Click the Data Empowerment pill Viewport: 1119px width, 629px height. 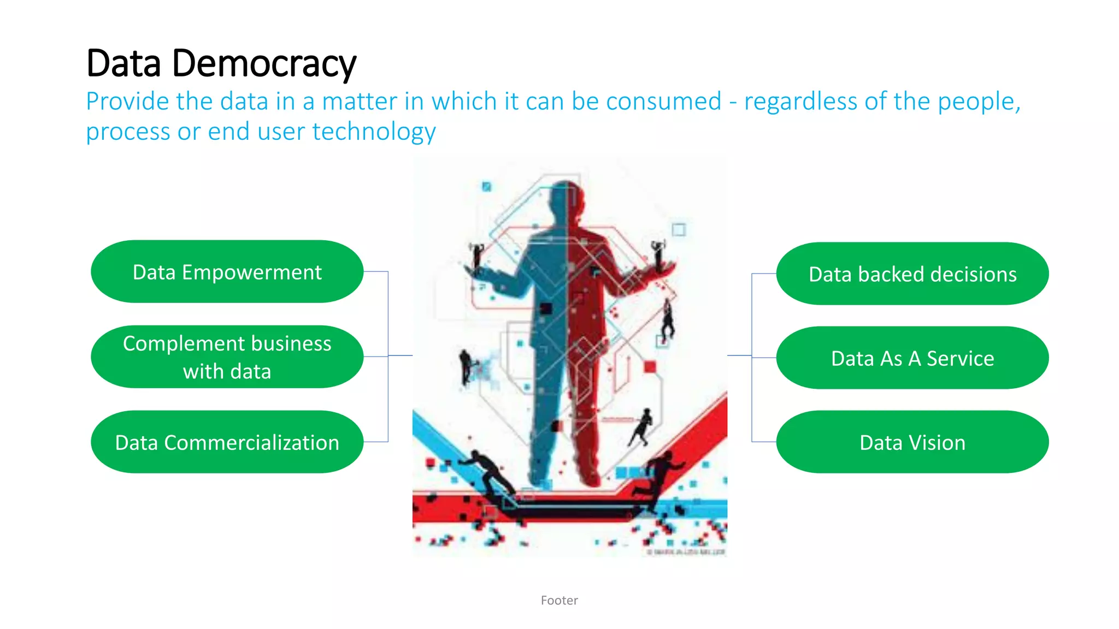[x=227, y=271]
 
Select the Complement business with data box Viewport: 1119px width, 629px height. [x=227, y=357]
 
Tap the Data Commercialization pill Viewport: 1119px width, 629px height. [x=227, y=442]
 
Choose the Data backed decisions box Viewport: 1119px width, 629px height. [x=912, y=274]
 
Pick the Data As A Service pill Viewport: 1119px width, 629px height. [x=912, y=358]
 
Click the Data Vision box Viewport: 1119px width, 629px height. [x=912, y=442]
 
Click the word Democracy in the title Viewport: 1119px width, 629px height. [x=264, y=64]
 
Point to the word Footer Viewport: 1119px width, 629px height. [x=559, y=600]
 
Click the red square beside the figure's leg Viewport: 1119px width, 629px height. [x=650, y=367]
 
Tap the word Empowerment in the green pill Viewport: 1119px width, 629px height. [x=251, y=272]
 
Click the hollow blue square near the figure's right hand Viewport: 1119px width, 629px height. [x=679, y=229]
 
